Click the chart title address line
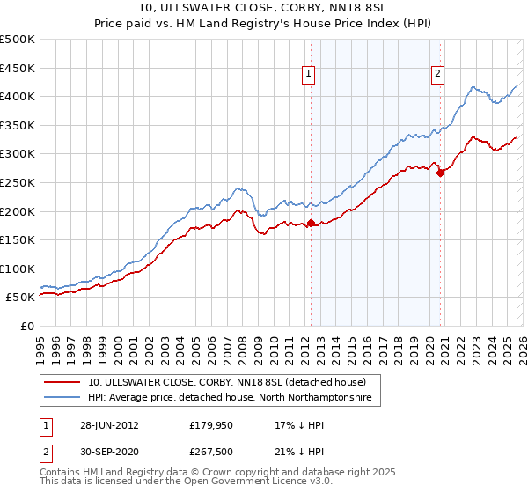(264, 8)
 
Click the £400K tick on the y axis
(18, 97)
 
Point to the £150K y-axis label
(18, 239)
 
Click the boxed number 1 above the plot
(310, 76)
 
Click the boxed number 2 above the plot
(437, 76)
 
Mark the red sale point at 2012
(312, 223)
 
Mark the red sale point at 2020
(441, 173)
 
